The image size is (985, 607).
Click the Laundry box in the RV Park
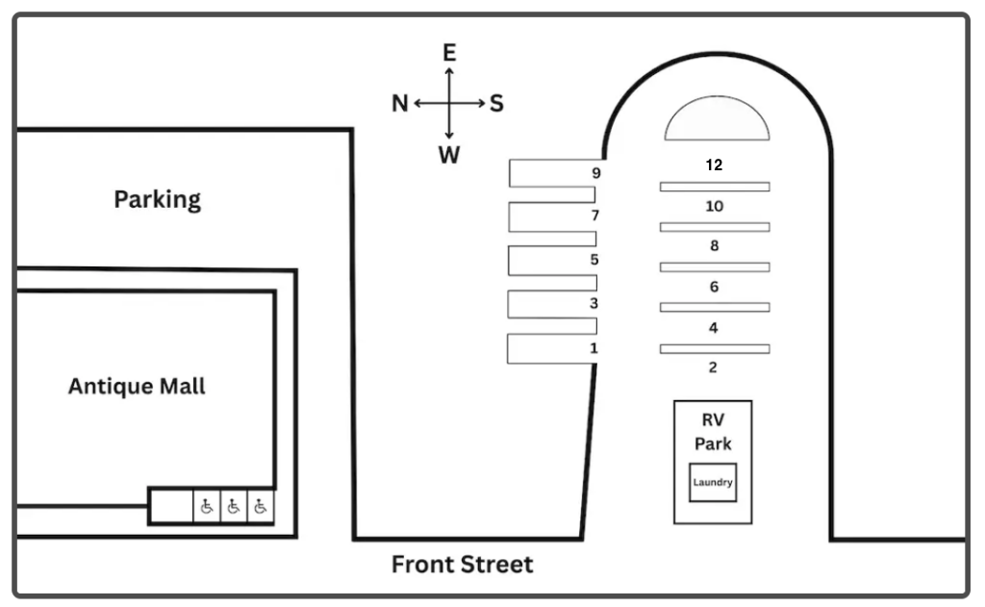[713, 483]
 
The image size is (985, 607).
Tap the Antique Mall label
[137, 386]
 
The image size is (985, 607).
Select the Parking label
[157, 199]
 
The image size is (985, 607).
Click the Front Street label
[463, 565]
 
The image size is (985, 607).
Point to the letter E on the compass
[449, 52]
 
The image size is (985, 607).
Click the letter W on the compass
[449, 155]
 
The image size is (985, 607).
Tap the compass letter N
[400, 103]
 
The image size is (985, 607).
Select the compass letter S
[496, 103]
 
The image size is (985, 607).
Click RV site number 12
[714, 164]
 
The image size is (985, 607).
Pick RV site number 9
[596, 173]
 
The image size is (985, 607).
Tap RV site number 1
[594, 348]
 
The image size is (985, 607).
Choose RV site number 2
[713, 367]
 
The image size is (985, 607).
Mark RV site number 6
[714, 287]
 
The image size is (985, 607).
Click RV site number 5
[594, 260]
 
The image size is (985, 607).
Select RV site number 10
[715, 206]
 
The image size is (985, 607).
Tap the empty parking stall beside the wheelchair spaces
[171, 506]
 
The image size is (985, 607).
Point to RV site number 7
[594, 215]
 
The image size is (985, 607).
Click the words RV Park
[713, 432]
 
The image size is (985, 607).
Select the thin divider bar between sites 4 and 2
[715, 349]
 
